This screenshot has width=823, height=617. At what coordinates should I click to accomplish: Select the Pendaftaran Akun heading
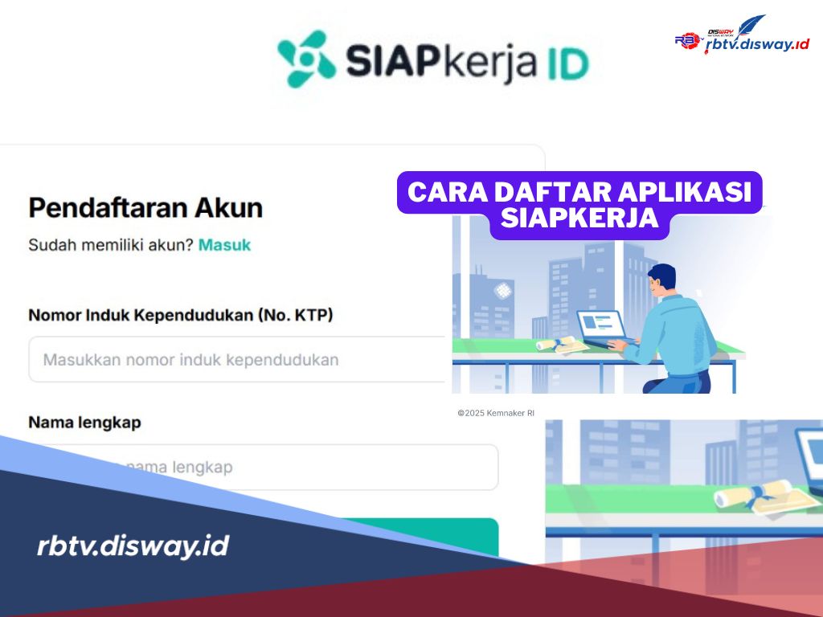click(145, 208)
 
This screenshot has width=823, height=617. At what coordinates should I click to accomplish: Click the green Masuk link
click(224, 244)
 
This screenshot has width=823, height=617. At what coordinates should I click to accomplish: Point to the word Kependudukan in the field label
click(192, 315)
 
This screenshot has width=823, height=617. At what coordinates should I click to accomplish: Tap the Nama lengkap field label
click(84, 422)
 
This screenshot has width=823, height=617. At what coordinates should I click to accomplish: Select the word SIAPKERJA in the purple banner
click(579, 219)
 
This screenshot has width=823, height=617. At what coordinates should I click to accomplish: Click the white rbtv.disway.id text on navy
click(133, 546)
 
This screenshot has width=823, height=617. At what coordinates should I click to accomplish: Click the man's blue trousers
click(692, 378)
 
